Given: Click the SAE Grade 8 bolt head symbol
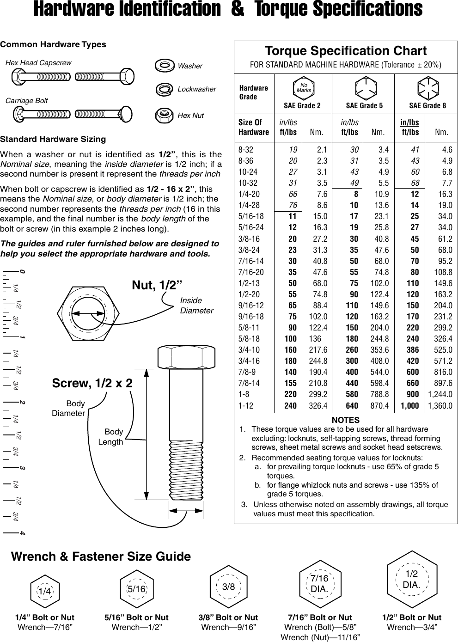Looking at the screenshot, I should (x=427, y=88).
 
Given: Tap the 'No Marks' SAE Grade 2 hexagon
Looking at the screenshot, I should (x=304, y=87).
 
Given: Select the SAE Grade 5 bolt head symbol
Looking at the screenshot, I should (x=365, y=88).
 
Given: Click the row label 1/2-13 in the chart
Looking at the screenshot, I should (x=249, y=283).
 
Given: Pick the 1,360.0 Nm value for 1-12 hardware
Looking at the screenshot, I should (x=440, y=406).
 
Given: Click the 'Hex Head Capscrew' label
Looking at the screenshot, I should (x=38, y=63).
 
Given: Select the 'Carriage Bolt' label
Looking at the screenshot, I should (x=26, y=101).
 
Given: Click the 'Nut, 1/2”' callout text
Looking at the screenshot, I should (x=157, y=285).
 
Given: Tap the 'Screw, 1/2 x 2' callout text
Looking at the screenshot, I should (x=92, y=383).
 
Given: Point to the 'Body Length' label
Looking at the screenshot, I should (x=111, y=437).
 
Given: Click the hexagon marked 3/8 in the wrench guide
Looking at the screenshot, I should (x=228, y=587).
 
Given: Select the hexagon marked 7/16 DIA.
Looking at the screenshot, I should (x=319, y=584).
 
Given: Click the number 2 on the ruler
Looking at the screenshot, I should (x=22, y=402).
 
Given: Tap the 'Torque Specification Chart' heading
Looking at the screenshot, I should (x=345, y=51).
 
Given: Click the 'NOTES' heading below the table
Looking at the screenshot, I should (x=345, y=420).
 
